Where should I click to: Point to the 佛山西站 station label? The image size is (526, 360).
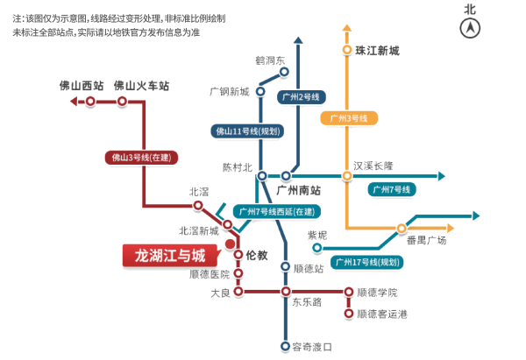pyautogui.click(x=81, y=86)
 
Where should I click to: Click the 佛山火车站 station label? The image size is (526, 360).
pyautogui.click(x=141, y=86)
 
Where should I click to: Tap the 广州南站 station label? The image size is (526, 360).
pyautogui.click(x=298, y=189)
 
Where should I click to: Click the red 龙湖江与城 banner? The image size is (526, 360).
pyautogui.click(x=169, y=256)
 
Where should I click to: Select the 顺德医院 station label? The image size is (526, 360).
pyautogui.click(x=209, y=274)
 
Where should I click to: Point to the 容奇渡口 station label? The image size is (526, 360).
pyautogui.click(x=312, y=347)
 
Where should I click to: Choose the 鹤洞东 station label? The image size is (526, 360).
pyautogui.click(x=270, y=60)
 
